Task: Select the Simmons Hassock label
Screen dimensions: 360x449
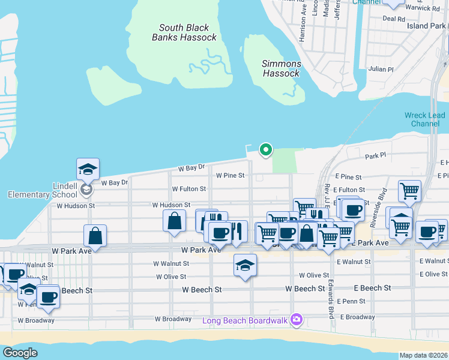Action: click(x=281, y=68)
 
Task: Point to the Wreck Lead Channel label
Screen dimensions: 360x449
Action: click(x=425, y=119)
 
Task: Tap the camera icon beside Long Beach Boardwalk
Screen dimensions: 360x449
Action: click(x=295, y=319)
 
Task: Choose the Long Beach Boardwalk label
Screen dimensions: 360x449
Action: click(x=244, y=320)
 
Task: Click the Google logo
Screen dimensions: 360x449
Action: click(x=20, y=353)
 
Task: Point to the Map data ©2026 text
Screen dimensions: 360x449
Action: click(x=423, y=355)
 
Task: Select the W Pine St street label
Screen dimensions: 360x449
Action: click(x=231, y=176)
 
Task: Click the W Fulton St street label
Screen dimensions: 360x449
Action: click(x=188, y=189)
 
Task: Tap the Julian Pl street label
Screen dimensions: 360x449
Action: click(x=381, y=70)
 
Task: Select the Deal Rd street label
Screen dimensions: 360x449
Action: click(x=393, y=19)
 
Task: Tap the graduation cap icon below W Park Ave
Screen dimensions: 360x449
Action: click(x=245, y=265)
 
